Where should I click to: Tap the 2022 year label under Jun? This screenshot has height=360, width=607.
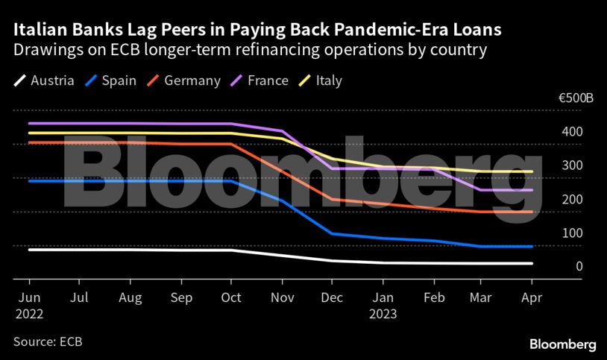pyautogui.click(x=29, y=314)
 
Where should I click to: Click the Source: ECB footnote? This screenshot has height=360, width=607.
pyautogui.click(x=47, y=341)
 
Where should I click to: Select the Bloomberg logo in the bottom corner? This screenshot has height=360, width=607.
pyautogui.click(x=562, y=344)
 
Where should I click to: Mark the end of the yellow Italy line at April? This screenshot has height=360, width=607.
pyautogui.click(x=532, y=171)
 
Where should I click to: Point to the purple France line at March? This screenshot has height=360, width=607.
pyautogui.click(x=481, y=190)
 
